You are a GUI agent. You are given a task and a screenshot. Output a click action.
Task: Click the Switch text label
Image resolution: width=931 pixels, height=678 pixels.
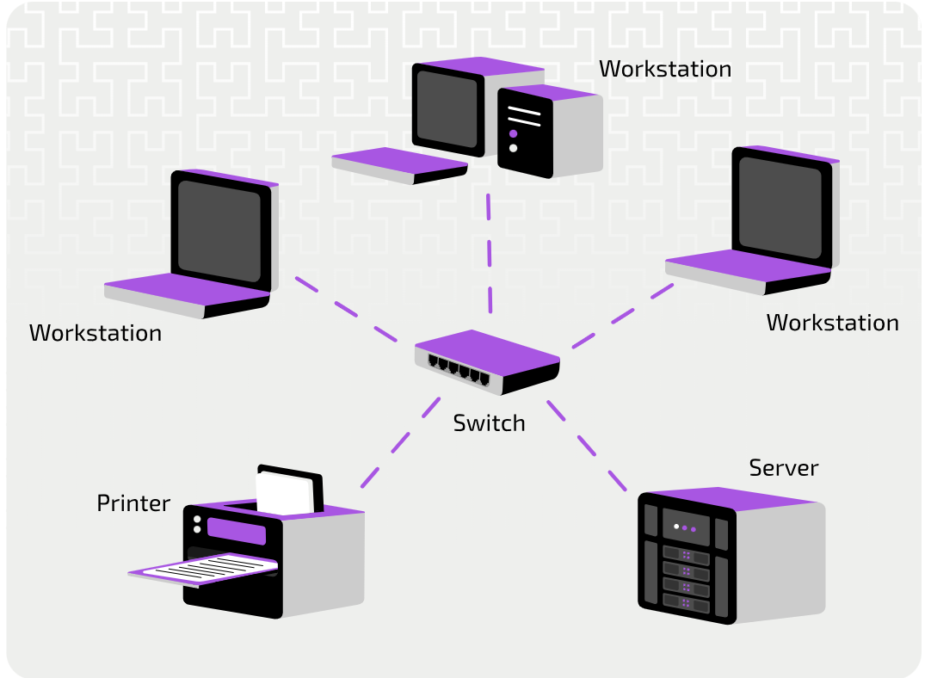click(x=489, y=423)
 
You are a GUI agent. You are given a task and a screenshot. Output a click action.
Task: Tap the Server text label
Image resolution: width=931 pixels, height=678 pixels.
click(x=783, y=468)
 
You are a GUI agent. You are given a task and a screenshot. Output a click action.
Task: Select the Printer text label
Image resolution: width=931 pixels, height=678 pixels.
click(x=133, y=503)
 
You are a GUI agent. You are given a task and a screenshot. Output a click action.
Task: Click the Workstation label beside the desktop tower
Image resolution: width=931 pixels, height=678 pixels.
click(x=665, y=69)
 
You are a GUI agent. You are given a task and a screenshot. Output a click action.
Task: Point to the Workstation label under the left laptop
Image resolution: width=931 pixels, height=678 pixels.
click(x=96, y=333)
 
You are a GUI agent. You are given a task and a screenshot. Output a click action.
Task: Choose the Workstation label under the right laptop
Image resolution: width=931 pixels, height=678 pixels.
click(x=832, y=323)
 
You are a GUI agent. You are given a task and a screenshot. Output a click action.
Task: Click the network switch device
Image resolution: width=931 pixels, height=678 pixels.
click(x=487, y=362)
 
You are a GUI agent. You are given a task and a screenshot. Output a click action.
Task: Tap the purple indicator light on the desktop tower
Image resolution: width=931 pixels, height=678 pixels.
click(x=513, y=134)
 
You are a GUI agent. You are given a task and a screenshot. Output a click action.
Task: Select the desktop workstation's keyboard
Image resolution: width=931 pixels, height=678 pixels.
click(x=399, y=166)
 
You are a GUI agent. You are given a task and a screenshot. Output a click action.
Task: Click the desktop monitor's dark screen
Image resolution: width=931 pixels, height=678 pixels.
click(x=447, y=109)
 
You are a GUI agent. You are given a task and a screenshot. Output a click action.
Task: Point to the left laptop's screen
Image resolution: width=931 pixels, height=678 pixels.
click(x=219, y=231)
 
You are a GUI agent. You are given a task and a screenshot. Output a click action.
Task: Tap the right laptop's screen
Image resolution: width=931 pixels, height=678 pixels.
click(x=780, y=208)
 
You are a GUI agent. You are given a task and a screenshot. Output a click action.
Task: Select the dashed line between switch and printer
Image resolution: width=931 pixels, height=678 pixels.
click(x=400, y=443)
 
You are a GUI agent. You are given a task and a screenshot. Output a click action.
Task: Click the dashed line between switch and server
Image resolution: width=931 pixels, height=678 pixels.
click(x=587, y=446)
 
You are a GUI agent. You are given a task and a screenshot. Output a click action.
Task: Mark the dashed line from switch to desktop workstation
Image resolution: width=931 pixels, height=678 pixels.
click(x=490, y=254)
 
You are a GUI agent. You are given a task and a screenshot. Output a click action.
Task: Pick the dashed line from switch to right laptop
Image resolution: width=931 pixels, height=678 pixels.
click(x=623, y=317)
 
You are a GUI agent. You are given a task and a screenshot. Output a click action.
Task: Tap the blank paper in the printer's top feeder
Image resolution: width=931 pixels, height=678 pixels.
click(x=285, y=493)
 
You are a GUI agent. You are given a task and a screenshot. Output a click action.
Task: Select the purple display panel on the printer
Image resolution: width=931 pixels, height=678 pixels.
click(x=237, y=531)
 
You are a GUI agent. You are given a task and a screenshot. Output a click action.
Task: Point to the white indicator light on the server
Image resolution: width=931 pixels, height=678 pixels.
click(x=676, y=527)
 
